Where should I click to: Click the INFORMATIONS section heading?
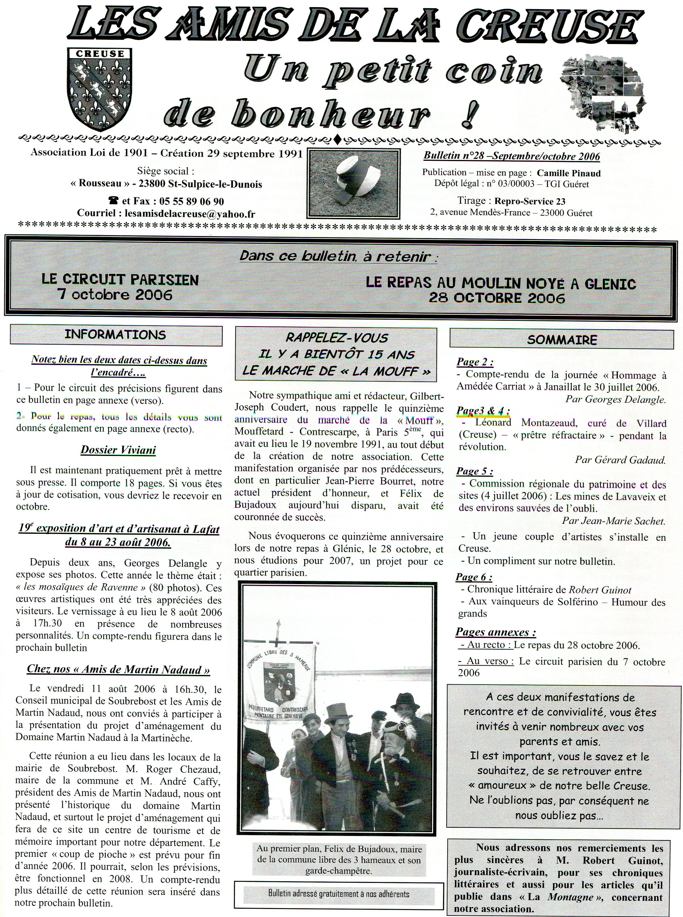116,335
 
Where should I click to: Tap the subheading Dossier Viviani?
118,450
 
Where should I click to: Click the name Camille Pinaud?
569,173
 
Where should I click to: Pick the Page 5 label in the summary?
474,472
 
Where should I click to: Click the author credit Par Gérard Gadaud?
620,460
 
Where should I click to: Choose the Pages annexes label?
496,632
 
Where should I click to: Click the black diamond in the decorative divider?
337,140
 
